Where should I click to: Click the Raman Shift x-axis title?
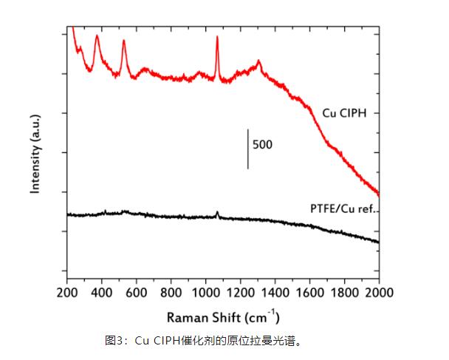coord(222,318)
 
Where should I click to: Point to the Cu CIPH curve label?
coord(345,113)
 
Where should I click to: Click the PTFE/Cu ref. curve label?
coord(343,209)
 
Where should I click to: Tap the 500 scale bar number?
coord(262,144)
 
